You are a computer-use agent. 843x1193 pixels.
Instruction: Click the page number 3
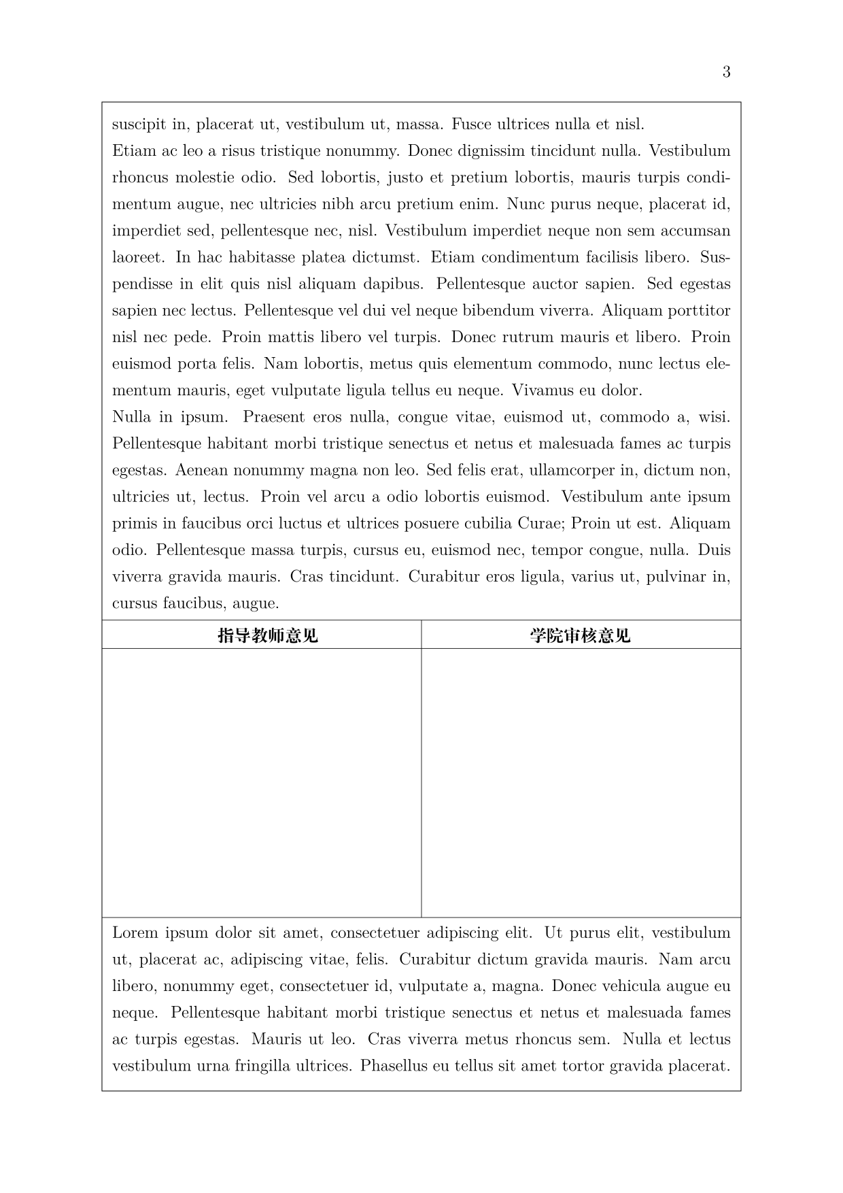point(726,72)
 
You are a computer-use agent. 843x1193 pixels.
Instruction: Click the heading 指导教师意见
point(268,635)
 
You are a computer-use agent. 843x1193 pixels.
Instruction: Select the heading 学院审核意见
point(580,635)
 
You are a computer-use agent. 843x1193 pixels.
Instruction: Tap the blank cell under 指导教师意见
point(262,782)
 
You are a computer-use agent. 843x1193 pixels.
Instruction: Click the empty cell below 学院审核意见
point(581,782)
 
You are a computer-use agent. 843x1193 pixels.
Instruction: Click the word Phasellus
point(394,1066)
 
